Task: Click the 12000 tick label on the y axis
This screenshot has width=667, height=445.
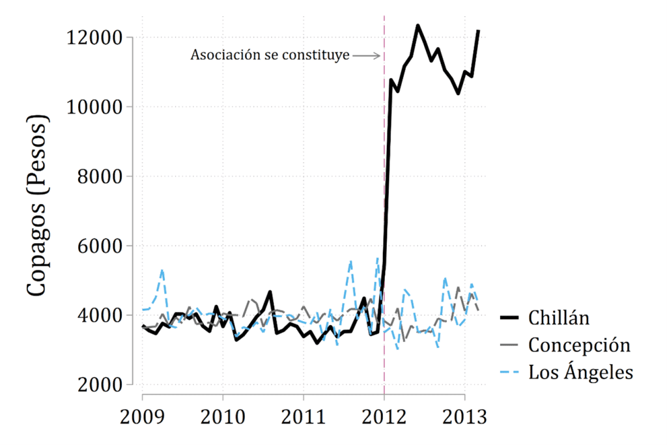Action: click(94, 38)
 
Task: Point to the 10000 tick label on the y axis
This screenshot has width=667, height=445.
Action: click(94, 107)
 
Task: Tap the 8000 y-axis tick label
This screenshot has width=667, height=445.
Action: click(98, 177)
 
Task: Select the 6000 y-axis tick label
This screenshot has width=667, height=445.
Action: click(98, 246)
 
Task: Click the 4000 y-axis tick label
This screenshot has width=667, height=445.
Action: click(98, 315)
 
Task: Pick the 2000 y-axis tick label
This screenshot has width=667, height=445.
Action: click(98, 385)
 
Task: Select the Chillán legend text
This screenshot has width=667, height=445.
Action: click(559, 318)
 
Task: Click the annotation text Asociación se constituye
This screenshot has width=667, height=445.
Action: click(270, 55)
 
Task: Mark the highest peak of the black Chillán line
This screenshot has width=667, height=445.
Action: click(418, 25)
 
